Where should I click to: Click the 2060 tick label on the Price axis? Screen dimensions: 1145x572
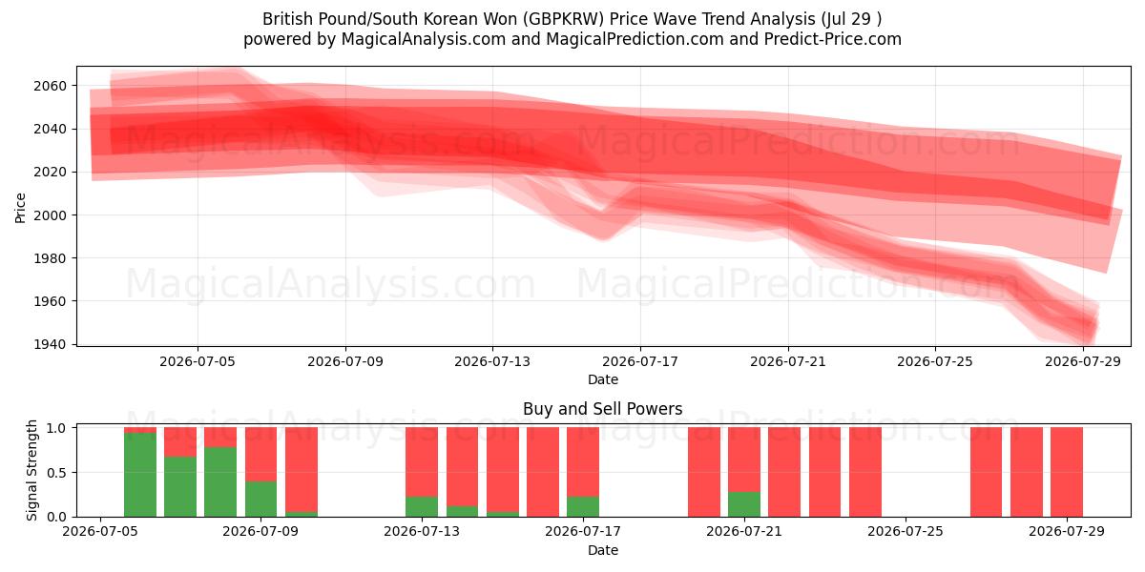[x=50, y=86]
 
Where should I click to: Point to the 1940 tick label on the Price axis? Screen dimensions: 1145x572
[x=50, y=344]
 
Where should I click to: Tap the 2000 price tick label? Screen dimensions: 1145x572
[x=50, y=215]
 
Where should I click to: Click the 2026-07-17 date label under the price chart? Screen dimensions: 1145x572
[x=640, y=361]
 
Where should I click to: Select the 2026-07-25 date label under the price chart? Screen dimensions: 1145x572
[x=935, y=361]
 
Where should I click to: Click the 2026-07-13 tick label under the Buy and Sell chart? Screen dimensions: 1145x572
[x=422, y=532]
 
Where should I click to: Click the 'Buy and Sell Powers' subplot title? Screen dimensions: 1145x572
[x=603, y=409]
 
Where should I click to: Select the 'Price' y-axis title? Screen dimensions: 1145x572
[x=20, y=208]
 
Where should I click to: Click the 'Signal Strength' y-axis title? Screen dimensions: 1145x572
[x=31, y=470]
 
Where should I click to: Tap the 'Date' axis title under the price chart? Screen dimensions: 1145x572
[x=603, y=379]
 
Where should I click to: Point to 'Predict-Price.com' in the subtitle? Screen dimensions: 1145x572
[x=833, y=39]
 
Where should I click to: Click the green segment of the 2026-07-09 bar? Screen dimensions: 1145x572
[x=260, y=499]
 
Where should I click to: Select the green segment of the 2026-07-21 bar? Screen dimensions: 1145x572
[x=744, y=504]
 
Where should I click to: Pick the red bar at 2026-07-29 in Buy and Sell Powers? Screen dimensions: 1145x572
[x=1067, y=472]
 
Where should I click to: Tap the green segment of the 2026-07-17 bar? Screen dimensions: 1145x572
[x=583, y=506]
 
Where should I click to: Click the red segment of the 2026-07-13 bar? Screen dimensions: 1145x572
[x=422, y=462]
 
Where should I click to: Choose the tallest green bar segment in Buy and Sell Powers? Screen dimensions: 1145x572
[x=140, y=475]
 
